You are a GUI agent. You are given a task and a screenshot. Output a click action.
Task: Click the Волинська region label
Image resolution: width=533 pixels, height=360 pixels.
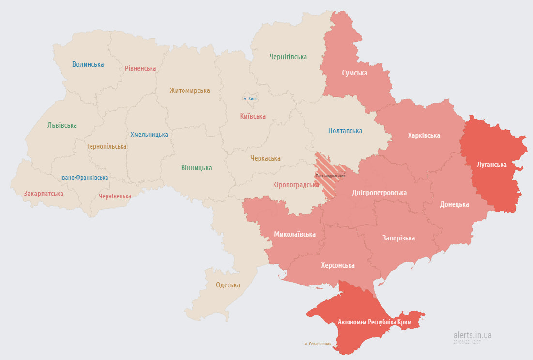[88, 64]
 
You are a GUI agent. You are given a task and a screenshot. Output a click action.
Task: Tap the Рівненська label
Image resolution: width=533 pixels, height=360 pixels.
[140, 68]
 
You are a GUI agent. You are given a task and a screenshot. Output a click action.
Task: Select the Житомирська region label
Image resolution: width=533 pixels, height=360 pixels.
[189, 90]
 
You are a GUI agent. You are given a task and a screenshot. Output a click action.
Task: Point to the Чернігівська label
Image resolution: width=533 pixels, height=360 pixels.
[288, 57]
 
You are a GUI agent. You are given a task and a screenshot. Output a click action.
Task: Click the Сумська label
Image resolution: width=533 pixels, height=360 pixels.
[354, 73]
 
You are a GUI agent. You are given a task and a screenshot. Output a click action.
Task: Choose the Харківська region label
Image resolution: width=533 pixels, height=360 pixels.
[424, 135]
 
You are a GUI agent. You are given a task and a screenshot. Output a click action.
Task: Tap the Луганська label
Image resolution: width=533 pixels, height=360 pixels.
[491, 165]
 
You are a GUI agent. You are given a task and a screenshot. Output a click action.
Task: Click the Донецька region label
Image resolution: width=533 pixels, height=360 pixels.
[454, 204]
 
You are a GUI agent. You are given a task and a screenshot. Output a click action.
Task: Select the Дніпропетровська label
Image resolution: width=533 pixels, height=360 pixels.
[379, 193]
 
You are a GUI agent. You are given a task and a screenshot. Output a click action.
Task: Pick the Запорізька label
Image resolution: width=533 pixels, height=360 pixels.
[398, 238]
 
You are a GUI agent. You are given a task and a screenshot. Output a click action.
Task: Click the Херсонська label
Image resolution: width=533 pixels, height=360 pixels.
[337, 265]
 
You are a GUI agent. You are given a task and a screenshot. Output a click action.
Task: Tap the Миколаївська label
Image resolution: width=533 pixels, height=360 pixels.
[294, 234]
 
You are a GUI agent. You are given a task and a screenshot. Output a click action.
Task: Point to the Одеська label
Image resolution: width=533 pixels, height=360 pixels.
[228, 285]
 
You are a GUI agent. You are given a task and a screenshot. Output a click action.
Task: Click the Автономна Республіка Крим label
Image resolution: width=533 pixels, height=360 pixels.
[374, 322]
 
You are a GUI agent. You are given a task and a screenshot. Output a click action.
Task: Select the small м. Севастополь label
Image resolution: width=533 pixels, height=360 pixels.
[318, 344]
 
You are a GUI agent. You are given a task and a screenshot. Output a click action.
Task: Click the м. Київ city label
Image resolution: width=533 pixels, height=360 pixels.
[250, 99]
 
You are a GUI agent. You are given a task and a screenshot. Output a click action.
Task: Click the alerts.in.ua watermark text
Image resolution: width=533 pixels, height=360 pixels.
[472, 335]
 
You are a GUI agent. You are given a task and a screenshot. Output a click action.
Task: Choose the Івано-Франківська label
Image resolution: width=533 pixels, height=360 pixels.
[84, 178]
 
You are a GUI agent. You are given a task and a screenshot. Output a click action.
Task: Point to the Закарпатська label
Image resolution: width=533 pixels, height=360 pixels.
[44, 194]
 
